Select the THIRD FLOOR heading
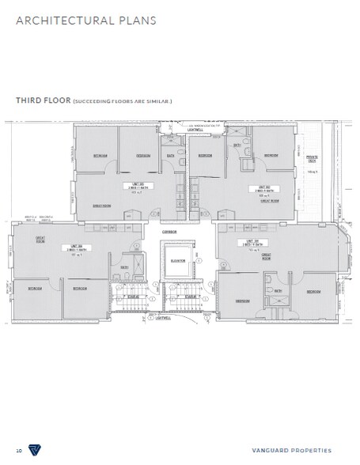tap(43, 102)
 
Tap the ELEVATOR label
tap(177, 259)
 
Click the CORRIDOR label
tap(169, 231)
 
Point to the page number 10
tap(18, 448)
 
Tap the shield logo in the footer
tap(35, 448)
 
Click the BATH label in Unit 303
tap(171, 155)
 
